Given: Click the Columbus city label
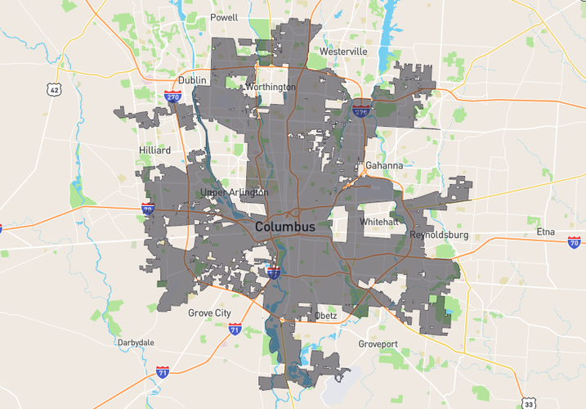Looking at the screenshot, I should [x=284, y=226].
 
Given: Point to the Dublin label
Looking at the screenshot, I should [x=193, y=80].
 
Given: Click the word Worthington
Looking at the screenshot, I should [x=270, y=87].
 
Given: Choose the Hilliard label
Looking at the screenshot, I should [x=155, y=151].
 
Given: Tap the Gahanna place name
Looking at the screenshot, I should [x=384, y=165].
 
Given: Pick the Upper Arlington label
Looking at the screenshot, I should [x=235, y=192].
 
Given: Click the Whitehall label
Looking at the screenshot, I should [x=378, y=222].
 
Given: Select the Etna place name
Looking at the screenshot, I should [x=545, y=231].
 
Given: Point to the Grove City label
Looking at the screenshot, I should [x=210, y=313].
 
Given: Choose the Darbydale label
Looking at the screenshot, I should [x=136, y=342].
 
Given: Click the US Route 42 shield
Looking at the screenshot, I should [x=55, y=90].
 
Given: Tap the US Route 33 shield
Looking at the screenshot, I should [x=529, y=403].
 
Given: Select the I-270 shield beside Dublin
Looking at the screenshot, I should [x=172, y=97].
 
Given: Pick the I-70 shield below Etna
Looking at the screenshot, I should [x=574, y=242].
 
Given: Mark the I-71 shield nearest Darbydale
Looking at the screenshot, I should [x=163, y=371].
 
